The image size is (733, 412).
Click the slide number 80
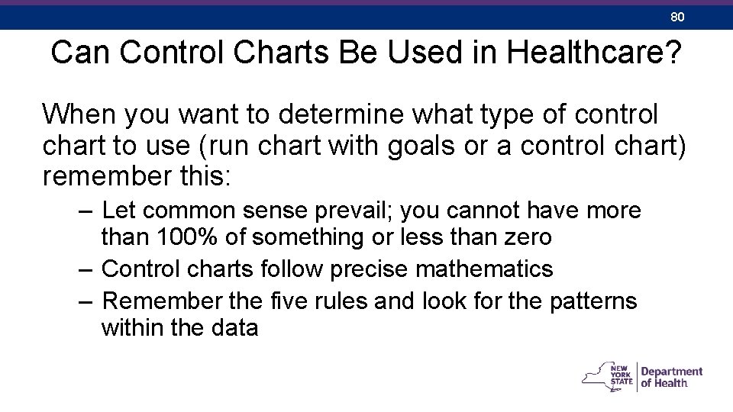[x=676, y=16]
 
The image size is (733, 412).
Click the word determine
[x=358, y=114]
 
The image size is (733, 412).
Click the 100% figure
[x=186, y=238]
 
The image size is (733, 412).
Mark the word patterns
[x=593, y=301]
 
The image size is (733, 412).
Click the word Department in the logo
[x=672, y=372]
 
